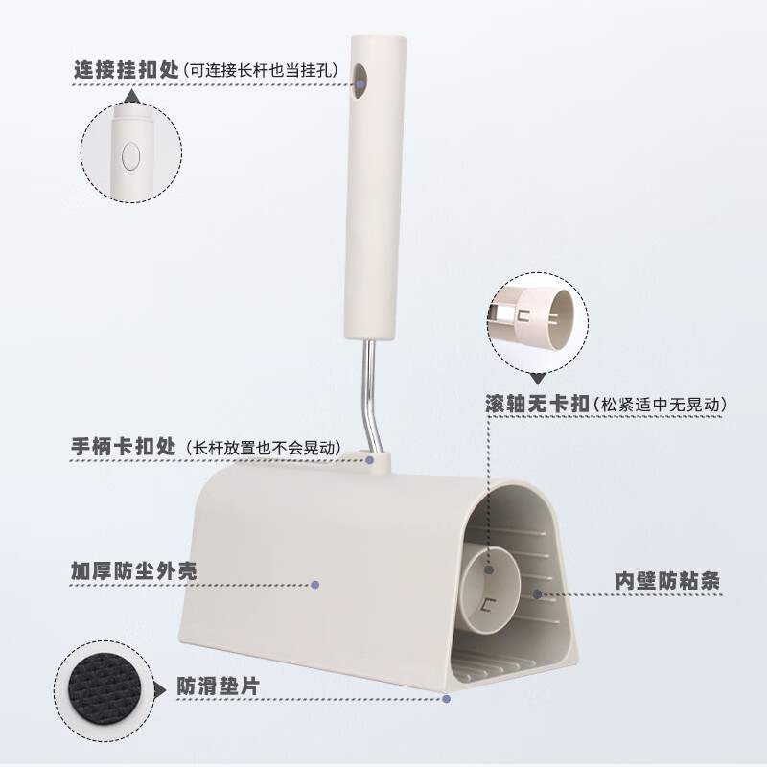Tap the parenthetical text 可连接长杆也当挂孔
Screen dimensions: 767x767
point(257,70)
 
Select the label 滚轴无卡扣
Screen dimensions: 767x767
point(537,406)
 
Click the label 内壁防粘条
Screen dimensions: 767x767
point(666,581)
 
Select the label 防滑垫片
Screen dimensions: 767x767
point(217,686)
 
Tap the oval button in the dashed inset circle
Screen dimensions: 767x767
point(131,153)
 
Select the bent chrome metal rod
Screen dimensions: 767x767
point(369,393)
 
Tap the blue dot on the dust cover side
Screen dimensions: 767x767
point(315,583)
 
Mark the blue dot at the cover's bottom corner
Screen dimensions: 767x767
point(447,698)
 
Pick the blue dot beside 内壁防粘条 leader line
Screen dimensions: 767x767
point(538,593)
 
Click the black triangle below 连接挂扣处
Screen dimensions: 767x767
point(131,95)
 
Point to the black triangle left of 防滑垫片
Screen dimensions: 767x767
point(159,687)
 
